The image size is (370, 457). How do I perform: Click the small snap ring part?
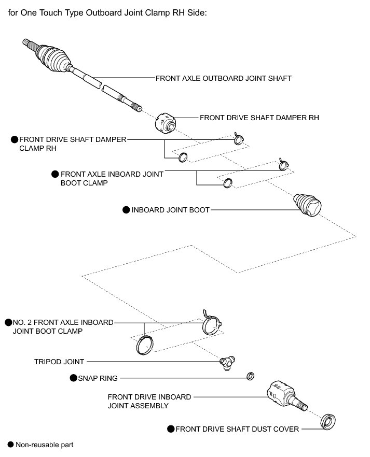(250, 376)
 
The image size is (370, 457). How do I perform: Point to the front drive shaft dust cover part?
(327, 421)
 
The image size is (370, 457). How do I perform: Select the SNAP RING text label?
(98, 378)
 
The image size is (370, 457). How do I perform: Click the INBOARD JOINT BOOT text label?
(170, 210)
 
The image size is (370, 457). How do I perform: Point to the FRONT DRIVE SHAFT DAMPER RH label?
(259, 118)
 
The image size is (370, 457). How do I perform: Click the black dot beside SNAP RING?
(73, 378)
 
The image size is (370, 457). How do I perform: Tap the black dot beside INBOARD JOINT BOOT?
(126, 210)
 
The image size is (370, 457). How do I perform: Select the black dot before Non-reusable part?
(10, 445)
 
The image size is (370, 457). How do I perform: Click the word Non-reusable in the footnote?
(36, 445)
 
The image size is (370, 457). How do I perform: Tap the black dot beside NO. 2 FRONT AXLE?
(8, 322)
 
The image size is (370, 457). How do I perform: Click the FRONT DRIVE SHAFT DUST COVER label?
(237, 429)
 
